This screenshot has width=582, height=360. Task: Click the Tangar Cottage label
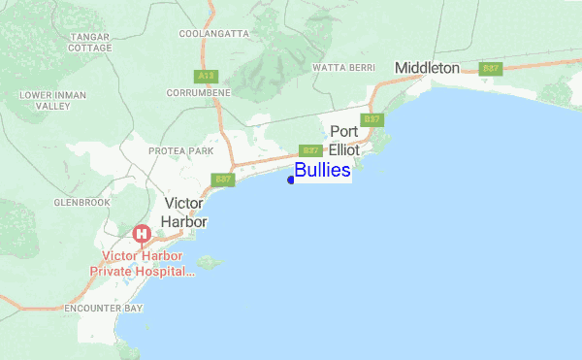[x=90, y=42]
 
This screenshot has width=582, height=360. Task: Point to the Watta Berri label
[x=343, y=68]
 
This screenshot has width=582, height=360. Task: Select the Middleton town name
[x=427, y=68]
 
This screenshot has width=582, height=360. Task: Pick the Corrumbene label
[x=198, y=91]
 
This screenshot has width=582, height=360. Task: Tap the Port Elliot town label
[x=344, y=141]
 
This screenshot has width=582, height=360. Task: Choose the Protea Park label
[x=180, y=151]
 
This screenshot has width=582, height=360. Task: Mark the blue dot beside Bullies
[x=291, y=179]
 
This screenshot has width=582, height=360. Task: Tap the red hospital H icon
[x=142, y=234]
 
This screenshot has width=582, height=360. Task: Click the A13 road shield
[x=205, y=75]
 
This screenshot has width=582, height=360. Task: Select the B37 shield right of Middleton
[x=491, y=68]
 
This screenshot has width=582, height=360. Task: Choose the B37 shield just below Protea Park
[x=223, y=180]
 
